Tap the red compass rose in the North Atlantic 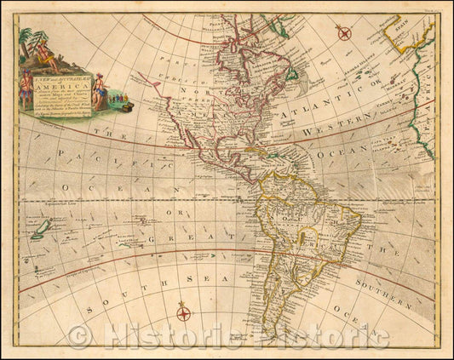click(343, 32)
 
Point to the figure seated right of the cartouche click(99, 94)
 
